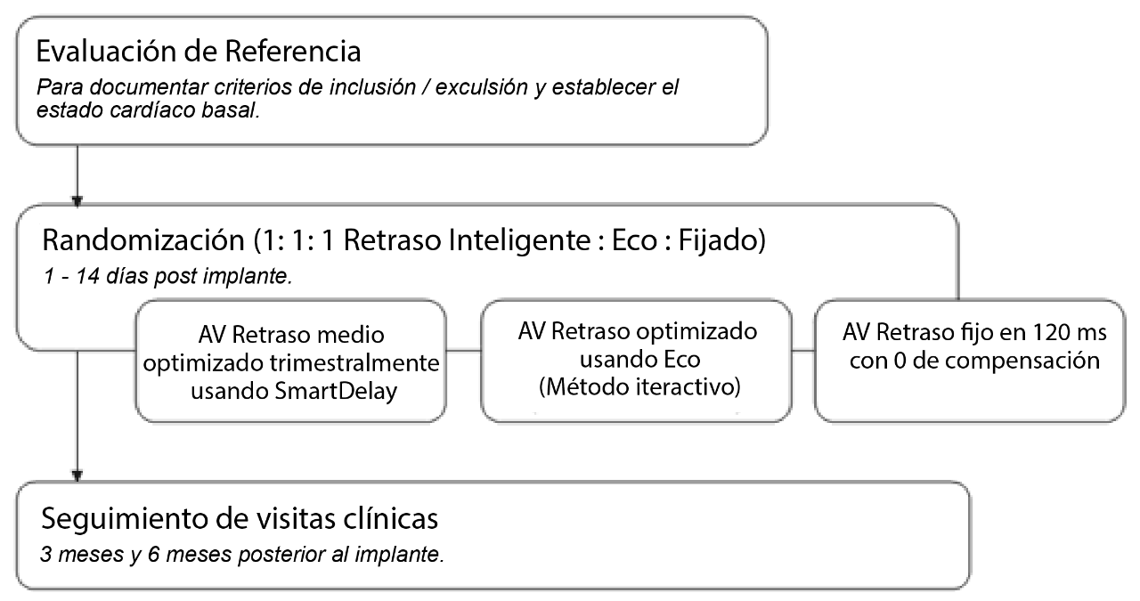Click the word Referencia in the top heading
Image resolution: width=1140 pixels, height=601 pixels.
click(293, 51)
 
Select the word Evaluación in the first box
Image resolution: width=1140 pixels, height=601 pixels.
click(102, 51)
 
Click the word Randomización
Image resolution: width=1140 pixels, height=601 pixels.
click(143, 240)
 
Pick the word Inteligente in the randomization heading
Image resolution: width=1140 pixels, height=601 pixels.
click(467, 240)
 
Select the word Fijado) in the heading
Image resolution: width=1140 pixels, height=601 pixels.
click(721, 240)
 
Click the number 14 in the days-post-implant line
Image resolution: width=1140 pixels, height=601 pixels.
click(87, 276)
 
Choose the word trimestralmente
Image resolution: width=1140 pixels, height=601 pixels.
click(354, 363)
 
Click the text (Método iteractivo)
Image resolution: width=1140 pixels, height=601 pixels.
click(639, 387)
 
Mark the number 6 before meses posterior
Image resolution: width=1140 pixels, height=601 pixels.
click(154, 554)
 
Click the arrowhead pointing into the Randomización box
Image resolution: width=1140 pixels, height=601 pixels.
click(77, 201)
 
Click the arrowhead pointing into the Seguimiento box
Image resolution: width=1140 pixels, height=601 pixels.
click(77, 476)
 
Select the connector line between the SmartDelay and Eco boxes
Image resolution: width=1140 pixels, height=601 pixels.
click(464, 350)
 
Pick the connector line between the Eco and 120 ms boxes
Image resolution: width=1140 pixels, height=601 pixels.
click(803, 350)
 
